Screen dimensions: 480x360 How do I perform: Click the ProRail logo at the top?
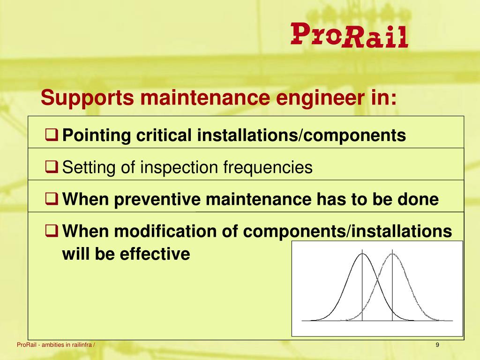coord(349,35)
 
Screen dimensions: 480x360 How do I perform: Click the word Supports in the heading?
coord(87,98)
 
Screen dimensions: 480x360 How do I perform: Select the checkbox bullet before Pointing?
coord(52,135)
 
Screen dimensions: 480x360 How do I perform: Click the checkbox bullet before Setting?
coord(52,167)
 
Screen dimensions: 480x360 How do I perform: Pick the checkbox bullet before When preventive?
coord(52,199)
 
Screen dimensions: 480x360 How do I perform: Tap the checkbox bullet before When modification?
coord(52,231)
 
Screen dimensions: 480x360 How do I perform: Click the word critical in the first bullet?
coord(164,135)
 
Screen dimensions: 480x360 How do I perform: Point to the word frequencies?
coord(268,168)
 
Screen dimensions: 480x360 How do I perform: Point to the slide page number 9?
coord(437,345)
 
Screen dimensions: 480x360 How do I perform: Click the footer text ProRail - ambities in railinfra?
coord(56,345)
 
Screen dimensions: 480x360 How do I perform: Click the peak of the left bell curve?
coord(362,254)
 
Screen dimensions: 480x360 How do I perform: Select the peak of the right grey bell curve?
coord(392,254)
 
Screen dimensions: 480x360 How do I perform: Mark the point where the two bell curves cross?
coord(377,279)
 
